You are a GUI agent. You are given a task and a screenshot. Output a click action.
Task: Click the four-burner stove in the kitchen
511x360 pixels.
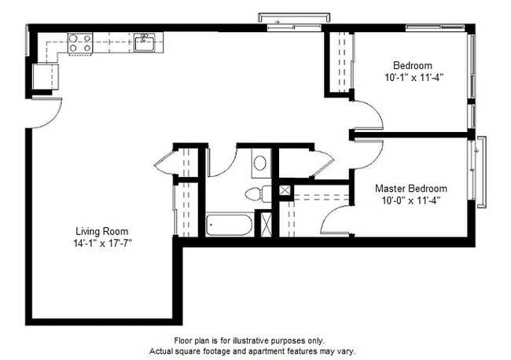click(79, 42)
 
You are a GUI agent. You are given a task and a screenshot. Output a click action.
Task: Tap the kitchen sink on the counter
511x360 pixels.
click(144, 42)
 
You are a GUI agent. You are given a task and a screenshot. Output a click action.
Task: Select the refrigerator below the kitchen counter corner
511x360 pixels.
click(44, 77)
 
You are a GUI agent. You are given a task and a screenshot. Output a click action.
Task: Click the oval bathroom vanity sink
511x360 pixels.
click(260, 163)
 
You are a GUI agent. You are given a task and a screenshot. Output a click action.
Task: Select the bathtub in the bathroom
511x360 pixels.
click(230, 225)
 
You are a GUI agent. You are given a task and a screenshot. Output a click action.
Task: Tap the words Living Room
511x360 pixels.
click(101, 231)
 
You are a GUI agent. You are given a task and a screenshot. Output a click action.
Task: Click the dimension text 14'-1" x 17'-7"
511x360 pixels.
click(101, 243)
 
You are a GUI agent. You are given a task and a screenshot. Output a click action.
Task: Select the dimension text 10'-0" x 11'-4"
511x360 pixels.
click(410, 200)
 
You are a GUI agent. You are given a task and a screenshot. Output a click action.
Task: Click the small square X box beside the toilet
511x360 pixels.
click(285, 190)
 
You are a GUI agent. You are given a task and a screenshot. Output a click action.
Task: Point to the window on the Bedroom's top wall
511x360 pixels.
click(436, 28)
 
